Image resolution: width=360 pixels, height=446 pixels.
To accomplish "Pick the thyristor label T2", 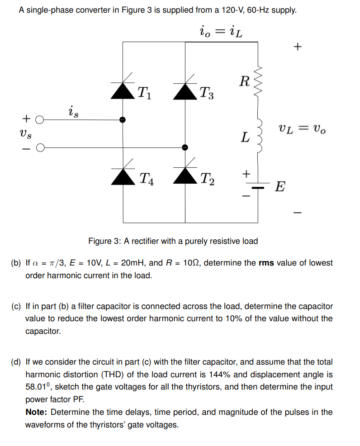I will (x=208, y=179).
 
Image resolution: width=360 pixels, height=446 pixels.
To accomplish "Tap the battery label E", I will (x=280, y=187).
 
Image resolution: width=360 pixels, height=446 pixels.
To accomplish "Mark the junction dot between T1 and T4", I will (x=123, y=120).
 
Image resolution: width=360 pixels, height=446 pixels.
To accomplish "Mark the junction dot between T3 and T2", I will (x=185, y=147).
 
